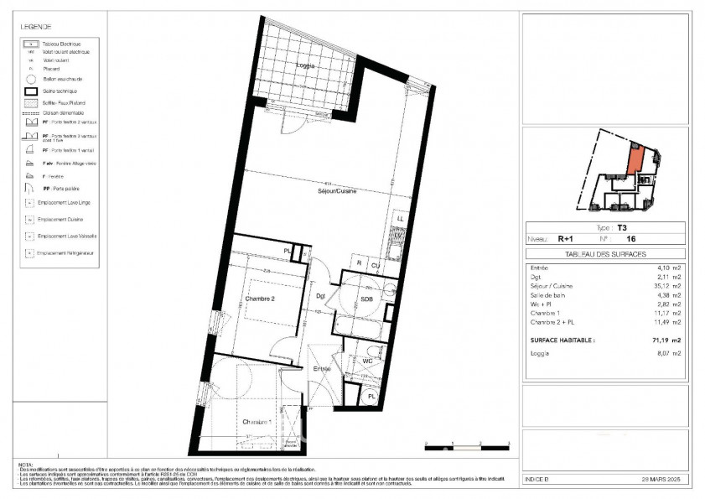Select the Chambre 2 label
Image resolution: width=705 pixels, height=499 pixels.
[261, 299]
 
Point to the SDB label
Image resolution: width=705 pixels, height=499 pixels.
[366, 299]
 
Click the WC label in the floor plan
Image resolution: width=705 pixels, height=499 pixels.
[366, 361]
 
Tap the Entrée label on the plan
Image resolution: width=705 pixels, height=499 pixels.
[322, 368]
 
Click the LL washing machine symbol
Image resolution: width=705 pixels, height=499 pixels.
[400, 219]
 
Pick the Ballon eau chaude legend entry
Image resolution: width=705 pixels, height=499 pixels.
[60, 79]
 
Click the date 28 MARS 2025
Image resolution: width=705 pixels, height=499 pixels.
[659, 479]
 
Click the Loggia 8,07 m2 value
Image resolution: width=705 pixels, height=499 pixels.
[668, 355]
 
